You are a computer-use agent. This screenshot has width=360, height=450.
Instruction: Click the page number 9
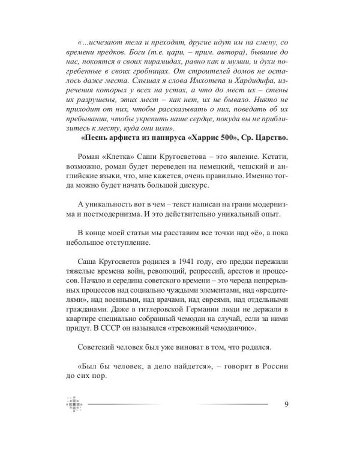[x=287, y=403]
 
